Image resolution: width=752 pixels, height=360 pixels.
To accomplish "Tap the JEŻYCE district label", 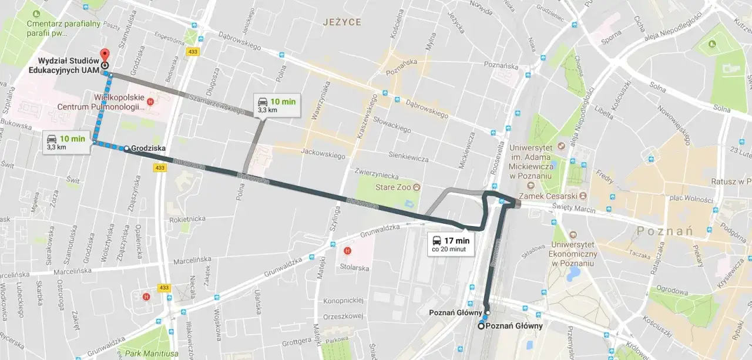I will pos(342,22).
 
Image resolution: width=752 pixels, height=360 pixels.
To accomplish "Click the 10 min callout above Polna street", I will pos(276,105).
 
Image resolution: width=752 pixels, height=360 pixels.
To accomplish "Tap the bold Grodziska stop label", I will pos(148,149).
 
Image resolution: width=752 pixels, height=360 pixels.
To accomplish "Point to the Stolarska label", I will pos(354,268).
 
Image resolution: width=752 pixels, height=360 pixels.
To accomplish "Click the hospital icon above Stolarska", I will pos(347,251).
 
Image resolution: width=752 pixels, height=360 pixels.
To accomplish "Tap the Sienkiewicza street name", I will pos(409,156).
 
